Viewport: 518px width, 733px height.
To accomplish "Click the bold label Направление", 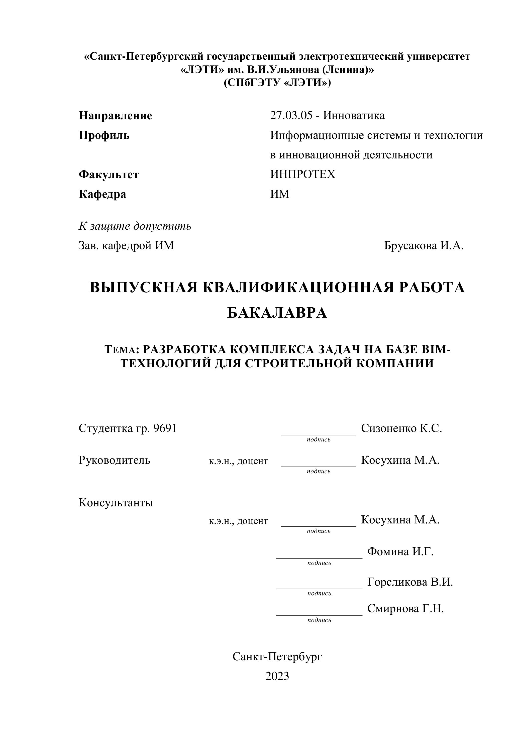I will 115,116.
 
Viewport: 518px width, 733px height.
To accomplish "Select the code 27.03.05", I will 291,115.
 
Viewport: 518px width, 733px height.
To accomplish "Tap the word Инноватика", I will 354,115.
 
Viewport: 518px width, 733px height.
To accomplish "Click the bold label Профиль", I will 104,135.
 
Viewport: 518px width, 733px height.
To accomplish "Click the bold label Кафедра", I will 102,194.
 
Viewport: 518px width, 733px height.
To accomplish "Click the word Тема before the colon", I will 120,350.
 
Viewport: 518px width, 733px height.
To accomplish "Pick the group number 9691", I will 165,428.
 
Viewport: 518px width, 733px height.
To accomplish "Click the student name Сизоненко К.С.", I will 401,428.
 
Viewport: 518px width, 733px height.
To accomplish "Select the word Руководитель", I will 114,460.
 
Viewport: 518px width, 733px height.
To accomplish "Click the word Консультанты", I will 116,503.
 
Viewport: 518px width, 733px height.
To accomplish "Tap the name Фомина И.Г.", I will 400,551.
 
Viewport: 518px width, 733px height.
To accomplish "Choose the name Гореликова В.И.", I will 410,582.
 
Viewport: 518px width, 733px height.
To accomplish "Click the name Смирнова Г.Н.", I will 405,608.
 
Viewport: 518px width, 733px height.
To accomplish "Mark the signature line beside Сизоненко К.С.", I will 318,434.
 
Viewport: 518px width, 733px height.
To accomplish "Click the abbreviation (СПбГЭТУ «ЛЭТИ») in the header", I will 277,83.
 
